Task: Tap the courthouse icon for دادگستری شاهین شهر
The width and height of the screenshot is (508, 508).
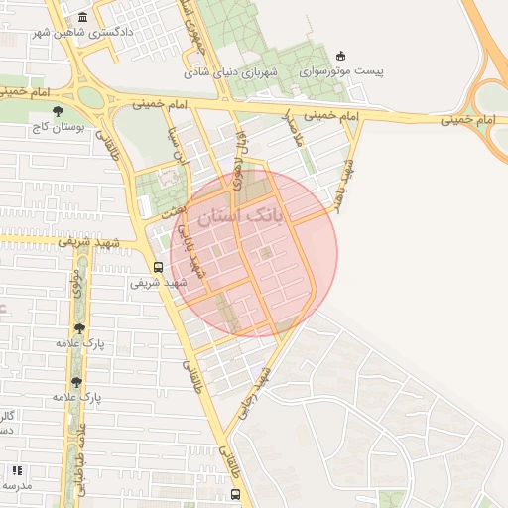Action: click(81, 18)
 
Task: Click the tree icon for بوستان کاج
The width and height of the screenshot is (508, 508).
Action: click(58, 111)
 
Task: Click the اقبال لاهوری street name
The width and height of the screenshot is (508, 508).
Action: click(238, 159)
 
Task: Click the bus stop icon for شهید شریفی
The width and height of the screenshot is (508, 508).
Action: click(158, 267)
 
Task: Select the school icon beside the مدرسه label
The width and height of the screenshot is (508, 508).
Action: click(16, 470)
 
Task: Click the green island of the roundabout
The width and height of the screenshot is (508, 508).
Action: click(90, 97)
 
